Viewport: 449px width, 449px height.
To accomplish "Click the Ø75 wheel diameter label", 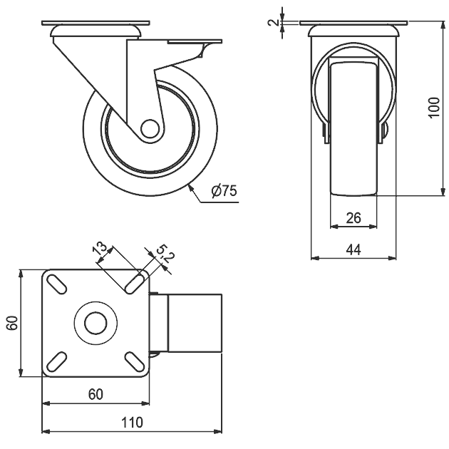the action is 224,191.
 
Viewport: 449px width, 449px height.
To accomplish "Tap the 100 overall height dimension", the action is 434,108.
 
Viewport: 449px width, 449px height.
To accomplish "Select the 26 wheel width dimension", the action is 353,218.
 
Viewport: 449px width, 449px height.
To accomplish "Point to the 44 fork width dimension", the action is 353,250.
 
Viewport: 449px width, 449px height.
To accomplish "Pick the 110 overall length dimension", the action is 132,423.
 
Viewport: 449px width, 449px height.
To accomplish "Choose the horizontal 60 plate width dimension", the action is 96,394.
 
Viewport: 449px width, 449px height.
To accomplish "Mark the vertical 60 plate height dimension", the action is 12,323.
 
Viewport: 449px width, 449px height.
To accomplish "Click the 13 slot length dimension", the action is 100,248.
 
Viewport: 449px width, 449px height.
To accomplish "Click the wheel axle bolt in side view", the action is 150,128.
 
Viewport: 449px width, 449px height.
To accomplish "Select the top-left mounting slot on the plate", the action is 57,284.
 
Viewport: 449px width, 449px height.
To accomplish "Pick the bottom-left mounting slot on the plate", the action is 57,361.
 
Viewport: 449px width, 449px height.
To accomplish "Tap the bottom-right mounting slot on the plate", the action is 134,361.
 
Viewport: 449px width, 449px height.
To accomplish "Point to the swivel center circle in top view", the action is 96,323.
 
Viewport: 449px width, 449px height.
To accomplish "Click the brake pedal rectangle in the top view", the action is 195,323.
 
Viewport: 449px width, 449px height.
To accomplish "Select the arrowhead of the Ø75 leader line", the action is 190,189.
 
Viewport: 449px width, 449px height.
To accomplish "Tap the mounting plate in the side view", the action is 96,23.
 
